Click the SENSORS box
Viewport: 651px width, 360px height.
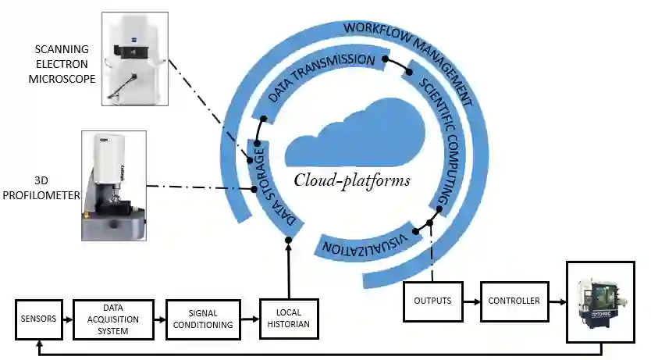38,319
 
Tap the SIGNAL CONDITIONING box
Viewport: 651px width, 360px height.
201,319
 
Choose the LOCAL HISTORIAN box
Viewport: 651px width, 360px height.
289,319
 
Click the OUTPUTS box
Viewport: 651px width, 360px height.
432,300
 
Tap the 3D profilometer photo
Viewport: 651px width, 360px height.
114,185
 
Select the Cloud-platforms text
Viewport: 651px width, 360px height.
352,180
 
